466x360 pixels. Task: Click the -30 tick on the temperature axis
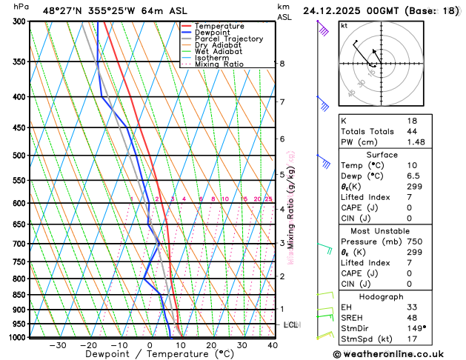[57, 344]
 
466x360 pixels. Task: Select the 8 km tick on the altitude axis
[282, 64]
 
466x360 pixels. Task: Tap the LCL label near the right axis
[291, 325]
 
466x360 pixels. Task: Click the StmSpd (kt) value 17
[412, 339]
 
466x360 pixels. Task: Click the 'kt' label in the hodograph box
[344, 26]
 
